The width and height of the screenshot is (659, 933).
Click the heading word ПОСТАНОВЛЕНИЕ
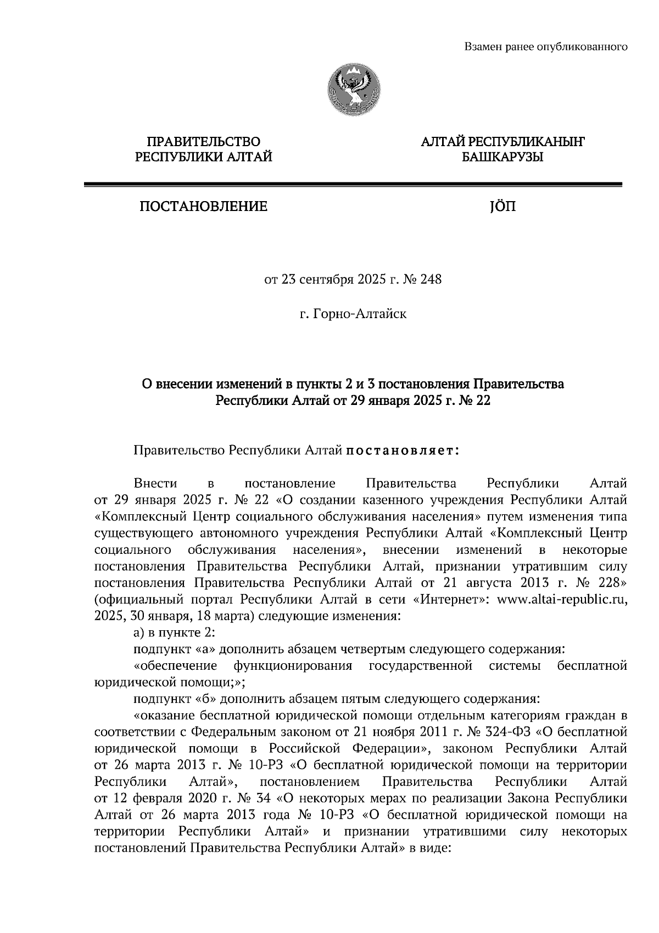tap(203, 207)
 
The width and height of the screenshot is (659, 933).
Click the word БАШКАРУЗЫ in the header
tap(502, 158)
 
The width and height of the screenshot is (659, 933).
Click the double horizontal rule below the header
tap(353, 185)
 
